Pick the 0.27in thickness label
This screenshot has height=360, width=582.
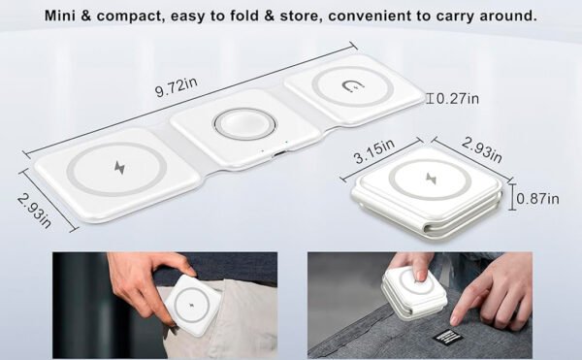tap(458, 98)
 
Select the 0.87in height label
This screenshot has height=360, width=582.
tap(538, 200)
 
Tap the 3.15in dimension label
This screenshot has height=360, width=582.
tap(372, 150)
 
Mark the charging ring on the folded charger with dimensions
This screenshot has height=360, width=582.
tap(424, 179)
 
